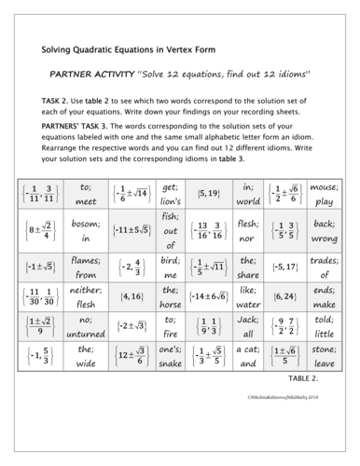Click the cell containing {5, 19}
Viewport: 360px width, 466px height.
(208, 193)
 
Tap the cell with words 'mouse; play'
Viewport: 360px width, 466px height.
(324, 193)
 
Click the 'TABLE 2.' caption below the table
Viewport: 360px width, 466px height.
(317, 380)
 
